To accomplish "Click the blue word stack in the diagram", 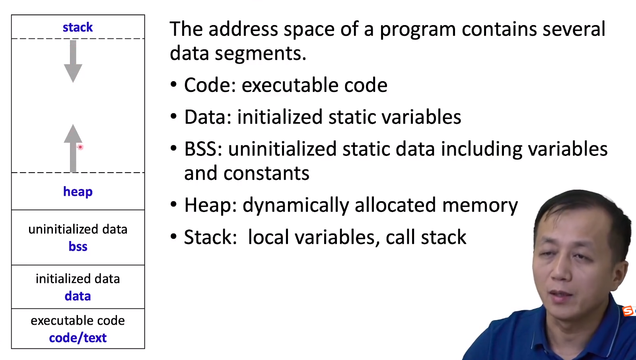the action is click(78, 27).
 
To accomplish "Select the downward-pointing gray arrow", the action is click(73, 61).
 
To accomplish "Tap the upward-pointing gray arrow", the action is click(73, 148).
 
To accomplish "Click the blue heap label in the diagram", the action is click(78, 192).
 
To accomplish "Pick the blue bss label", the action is click(78, 247).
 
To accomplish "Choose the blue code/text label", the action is click(78, 338).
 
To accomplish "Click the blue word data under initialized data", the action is click(78, 296).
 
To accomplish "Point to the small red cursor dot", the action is click(80, 147).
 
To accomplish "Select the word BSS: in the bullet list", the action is click(203, 149).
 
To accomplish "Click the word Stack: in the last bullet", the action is click(210, 237).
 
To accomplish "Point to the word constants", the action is click(266, 173).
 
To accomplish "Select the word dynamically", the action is click(296, 206).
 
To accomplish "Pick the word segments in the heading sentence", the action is click(261, 54).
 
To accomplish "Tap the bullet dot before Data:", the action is click(173, 117).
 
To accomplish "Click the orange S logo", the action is click(628, 311).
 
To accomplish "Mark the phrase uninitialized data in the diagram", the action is click(78, 229).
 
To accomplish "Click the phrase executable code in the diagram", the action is click(78, 321).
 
